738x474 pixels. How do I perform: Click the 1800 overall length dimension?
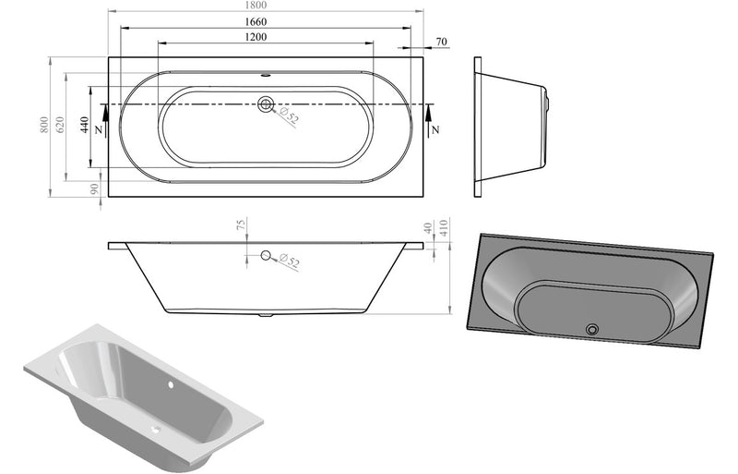pos(268,6)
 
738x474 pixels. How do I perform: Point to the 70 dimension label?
pos(441,42)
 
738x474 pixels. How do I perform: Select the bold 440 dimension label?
pos(85,127)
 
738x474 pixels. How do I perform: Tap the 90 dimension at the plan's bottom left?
pos(95,188)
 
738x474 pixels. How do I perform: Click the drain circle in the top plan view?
pos(267,104)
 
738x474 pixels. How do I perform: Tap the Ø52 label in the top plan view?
pos(289,117)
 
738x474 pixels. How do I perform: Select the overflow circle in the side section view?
pos(267,256)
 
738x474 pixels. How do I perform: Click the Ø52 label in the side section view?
pos(289,262)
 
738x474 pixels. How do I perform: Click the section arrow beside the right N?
pos(430,114)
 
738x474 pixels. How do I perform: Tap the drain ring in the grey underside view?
pos(592,329)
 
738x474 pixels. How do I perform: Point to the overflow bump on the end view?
pos(547,95)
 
